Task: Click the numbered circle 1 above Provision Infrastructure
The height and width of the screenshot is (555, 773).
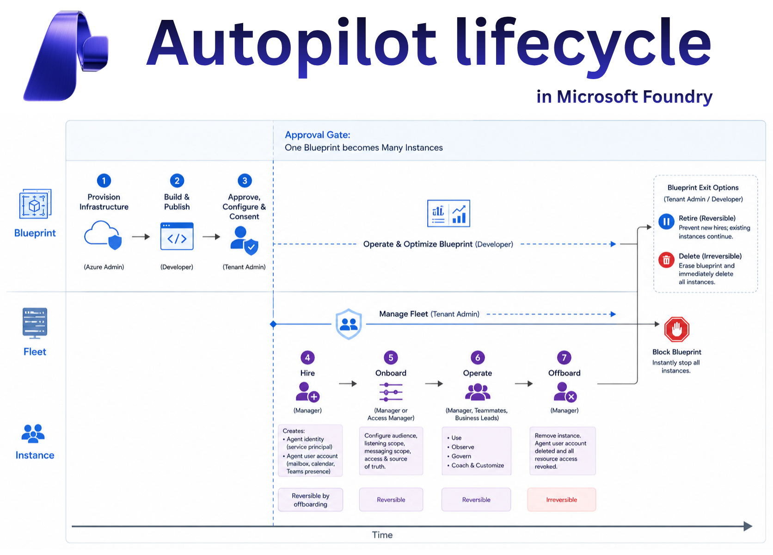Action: click(104, 180)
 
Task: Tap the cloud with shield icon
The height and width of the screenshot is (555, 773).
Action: click(103, 235)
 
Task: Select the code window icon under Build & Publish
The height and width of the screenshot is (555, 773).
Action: click(177, 236)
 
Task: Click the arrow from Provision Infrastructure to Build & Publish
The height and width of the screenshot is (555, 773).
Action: click(141, 237)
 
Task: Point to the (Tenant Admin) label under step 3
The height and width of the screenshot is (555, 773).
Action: click(244, 267)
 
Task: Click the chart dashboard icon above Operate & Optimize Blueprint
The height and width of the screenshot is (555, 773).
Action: click(448, 213)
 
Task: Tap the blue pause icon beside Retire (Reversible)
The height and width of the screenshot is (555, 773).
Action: click(666, 222)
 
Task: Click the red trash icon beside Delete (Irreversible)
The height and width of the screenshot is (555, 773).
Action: click(666, 260)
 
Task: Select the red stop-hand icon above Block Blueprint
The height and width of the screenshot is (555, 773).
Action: click(677, 329)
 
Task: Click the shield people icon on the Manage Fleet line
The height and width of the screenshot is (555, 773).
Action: click(349, 324)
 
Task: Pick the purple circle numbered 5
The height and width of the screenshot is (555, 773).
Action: click(391, 358)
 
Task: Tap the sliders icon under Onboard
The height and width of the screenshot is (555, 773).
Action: click(391, 392)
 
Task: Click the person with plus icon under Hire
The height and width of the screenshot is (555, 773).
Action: click(307, 392)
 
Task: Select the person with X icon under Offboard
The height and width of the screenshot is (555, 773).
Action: click(565, 392)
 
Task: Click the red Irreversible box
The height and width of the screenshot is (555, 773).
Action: click(561, 499)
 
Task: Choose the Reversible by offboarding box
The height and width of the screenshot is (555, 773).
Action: click(311, 499)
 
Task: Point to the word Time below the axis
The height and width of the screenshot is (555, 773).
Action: click(382, 535)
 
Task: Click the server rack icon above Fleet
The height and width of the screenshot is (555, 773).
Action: click(35, 323)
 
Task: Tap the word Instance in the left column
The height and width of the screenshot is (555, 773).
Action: click(35, 455)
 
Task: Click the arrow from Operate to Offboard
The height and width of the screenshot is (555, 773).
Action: click(524, 384)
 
